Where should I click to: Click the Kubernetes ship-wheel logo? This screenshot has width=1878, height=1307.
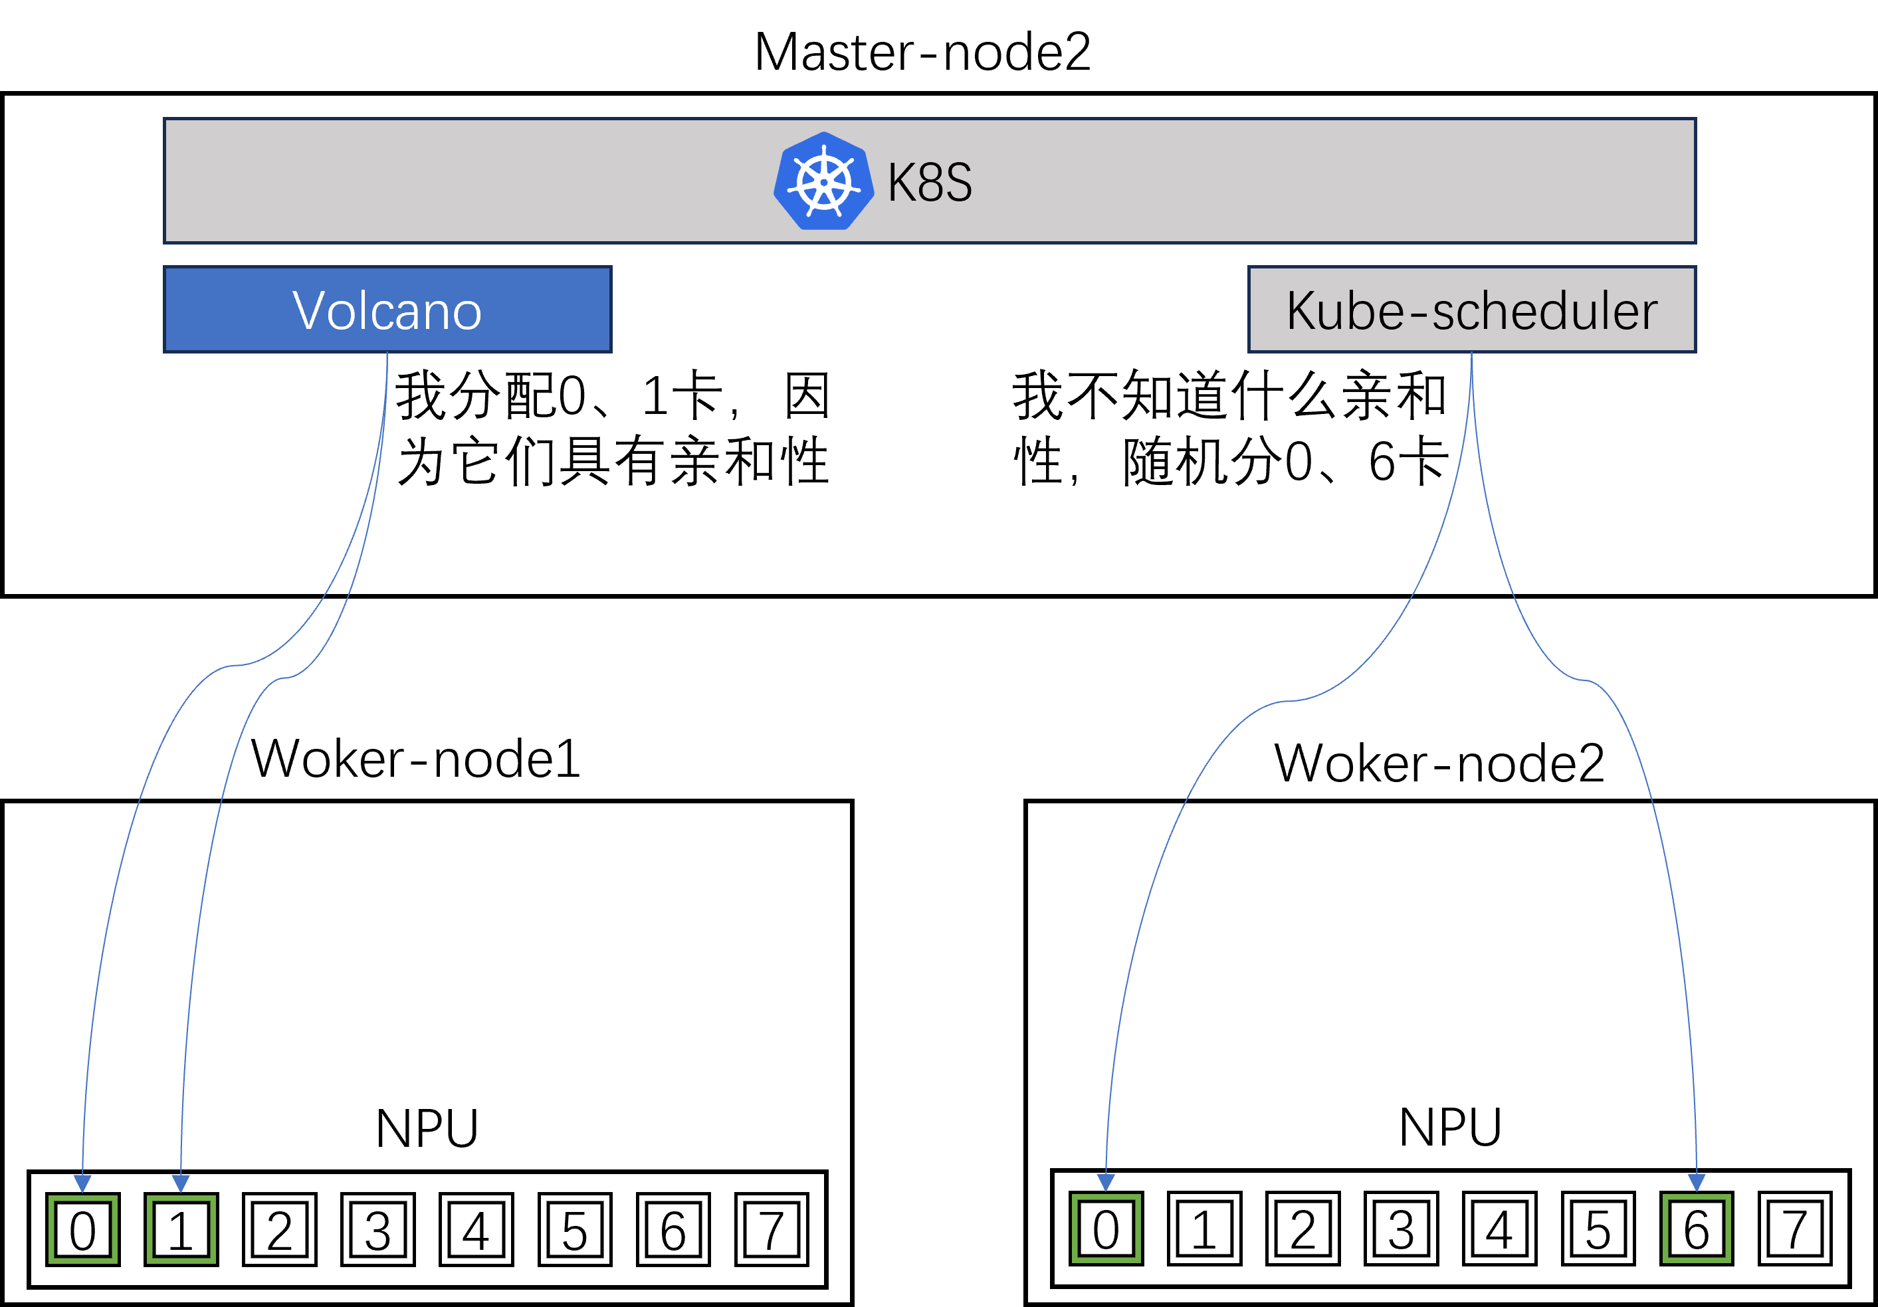click(823, 181)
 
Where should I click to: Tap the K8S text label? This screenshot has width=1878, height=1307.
click(930, 182)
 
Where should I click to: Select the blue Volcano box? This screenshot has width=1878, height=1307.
click(387, 309)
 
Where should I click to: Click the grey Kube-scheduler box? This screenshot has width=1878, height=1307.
click(1471, 309)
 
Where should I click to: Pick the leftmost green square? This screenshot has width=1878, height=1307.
click(82, 1229)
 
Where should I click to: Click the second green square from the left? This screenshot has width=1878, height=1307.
click(181, 1229)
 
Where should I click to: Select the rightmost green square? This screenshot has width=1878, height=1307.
click(1697, 1228)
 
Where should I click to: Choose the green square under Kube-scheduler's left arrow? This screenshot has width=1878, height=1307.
click(1106, 1228)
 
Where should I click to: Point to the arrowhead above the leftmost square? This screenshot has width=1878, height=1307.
click(82, 1183)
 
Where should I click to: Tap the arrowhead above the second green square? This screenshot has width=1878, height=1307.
click(181, 1183)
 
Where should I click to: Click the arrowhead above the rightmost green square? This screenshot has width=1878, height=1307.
click(1697, 1182)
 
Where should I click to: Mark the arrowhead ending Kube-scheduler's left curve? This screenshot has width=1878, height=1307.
click(1106, 1182)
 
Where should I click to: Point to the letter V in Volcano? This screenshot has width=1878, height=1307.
click(310, 311)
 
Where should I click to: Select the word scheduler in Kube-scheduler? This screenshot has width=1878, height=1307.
click(1544, 311)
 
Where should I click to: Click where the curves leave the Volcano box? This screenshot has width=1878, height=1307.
click(387, 353)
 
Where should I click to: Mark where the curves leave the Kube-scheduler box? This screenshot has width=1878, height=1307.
click(1471, 353)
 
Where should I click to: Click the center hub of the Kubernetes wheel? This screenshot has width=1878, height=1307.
click(823, 182)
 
